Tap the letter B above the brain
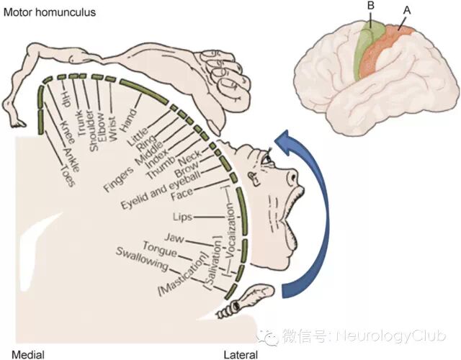(x=370, y=6)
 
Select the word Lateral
(x=241, y=354)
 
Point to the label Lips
(x=182, y=216)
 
